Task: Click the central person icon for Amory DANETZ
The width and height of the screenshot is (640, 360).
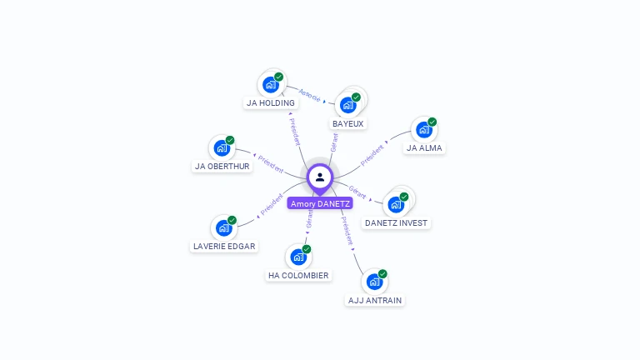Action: (x=320, y=177)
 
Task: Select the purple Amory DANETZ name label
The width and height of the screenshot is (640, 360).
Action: (x=320, y=203)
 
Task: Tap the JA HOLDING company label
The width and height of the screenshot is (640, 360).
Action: (x=271, y=103)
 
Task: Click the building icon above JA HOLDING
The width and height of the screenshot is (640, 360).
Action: (x=270, y=84)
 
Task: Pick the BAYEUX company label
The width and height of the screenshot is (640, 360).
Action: (x=348, y=123)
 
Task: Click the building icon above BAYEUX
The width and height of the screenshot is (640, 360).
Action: (x=347, y=105)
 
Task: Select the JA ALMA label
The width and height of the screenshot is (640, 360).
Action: (x=424, y=148)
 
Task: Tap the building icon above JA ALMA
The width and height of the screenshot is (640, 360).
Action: (x=423, y=130)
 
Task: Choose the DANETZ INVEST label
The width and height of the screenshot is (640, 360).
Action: (x=397, y=222)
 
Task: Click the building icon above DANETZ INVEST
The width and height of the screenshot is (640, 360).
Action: (x=396, y=204)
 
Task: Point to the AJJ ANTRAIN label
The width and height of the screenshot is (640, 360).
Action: (x=375, y=300)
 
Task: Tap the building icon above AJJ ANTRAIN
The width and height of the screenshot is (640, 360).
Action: (x=374, y=282)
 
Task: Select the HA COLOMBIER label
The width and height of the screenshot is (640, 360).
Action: (x=298, y=275)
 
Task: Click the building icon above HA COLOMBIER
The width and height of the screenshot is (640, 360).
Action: (x=298, y=257)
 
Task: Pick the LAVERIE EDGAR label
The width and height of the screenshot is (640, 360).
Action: (x=224, y=246)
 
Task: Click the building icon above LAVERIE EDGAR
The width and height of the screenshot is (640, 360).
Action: (x=223, y=227)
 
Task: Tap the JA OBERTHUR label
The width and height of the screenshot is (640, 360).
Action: (x=222, y=166)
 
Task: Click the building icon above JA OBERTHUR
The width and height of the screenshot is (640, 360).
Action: (x=222, y=147)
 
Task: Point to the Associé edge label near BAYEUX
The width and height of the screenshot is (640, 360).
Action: (x=310, y=94)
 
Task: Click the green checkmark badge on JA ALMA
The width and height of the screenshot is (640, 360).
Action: (x=432, y=122)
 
